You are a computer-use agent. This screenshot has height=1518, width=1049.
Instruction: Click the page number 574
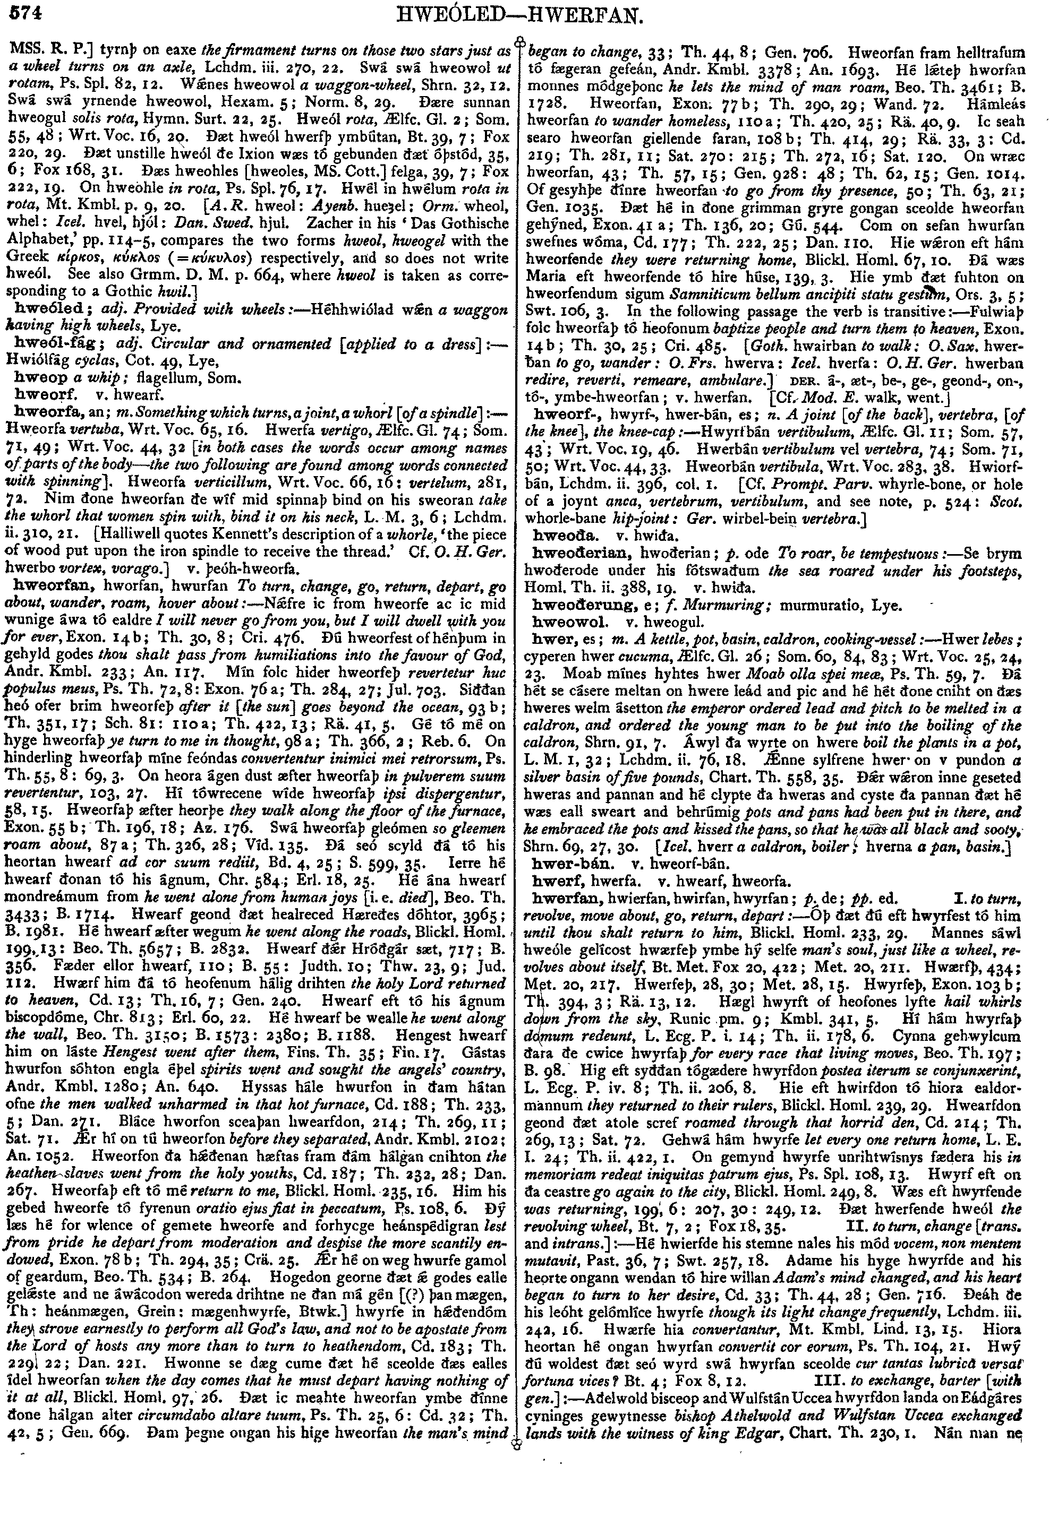tap(24, 11)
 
